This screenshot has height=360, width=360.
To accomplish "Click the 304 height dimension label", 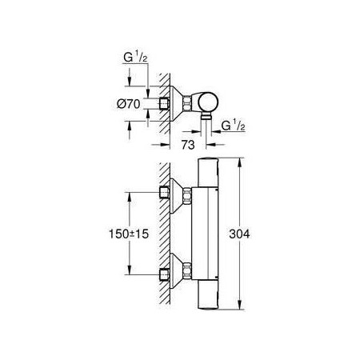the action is tap(239, 234).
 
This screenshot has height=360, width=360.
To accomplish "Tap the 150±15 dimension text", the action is tap(129, 234).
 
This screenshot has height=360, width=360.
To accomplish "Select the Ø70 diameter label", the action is tap(129, 104).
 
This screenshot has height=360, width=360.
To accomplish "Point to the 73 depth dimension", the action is tap(188, 145).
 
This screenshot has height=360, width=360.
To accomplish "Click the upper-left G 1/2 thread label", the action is tap(135, 58).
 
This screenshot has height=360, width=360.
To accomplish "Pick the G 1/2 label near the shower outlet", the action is tap(234, 126).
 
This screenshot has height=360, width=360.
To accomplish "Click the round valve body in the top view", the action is tap(208, 102).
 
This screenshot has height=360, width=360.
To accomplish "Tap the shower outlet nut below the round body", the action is tap(206, 116).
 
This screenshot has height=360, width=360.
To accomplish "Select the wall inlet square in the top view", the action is tap(164, 104).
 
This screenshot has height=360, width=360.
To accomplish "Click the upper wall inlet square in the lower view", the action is tap(164, 192).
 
